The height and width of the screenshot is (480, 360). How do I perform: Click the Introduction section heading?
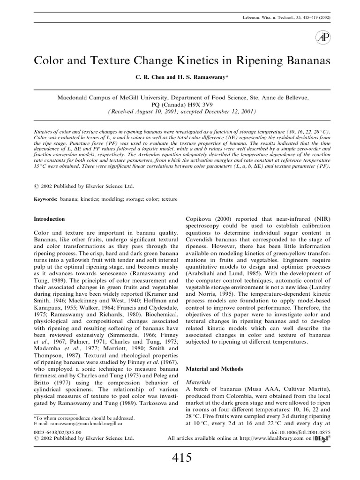pyautogui.click(x=50, y=219)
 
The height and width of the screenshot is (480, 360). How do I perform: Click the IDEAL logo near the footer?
pyautogui.click(x=321, y=439)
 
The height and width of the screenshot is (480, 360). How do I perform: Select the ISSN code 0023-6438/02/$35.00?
pyautogui.click(x=58, y=432)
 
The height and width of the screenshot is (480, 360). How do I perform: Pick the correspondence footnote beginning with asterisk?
pyautogui.click(x=85, y=417)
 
